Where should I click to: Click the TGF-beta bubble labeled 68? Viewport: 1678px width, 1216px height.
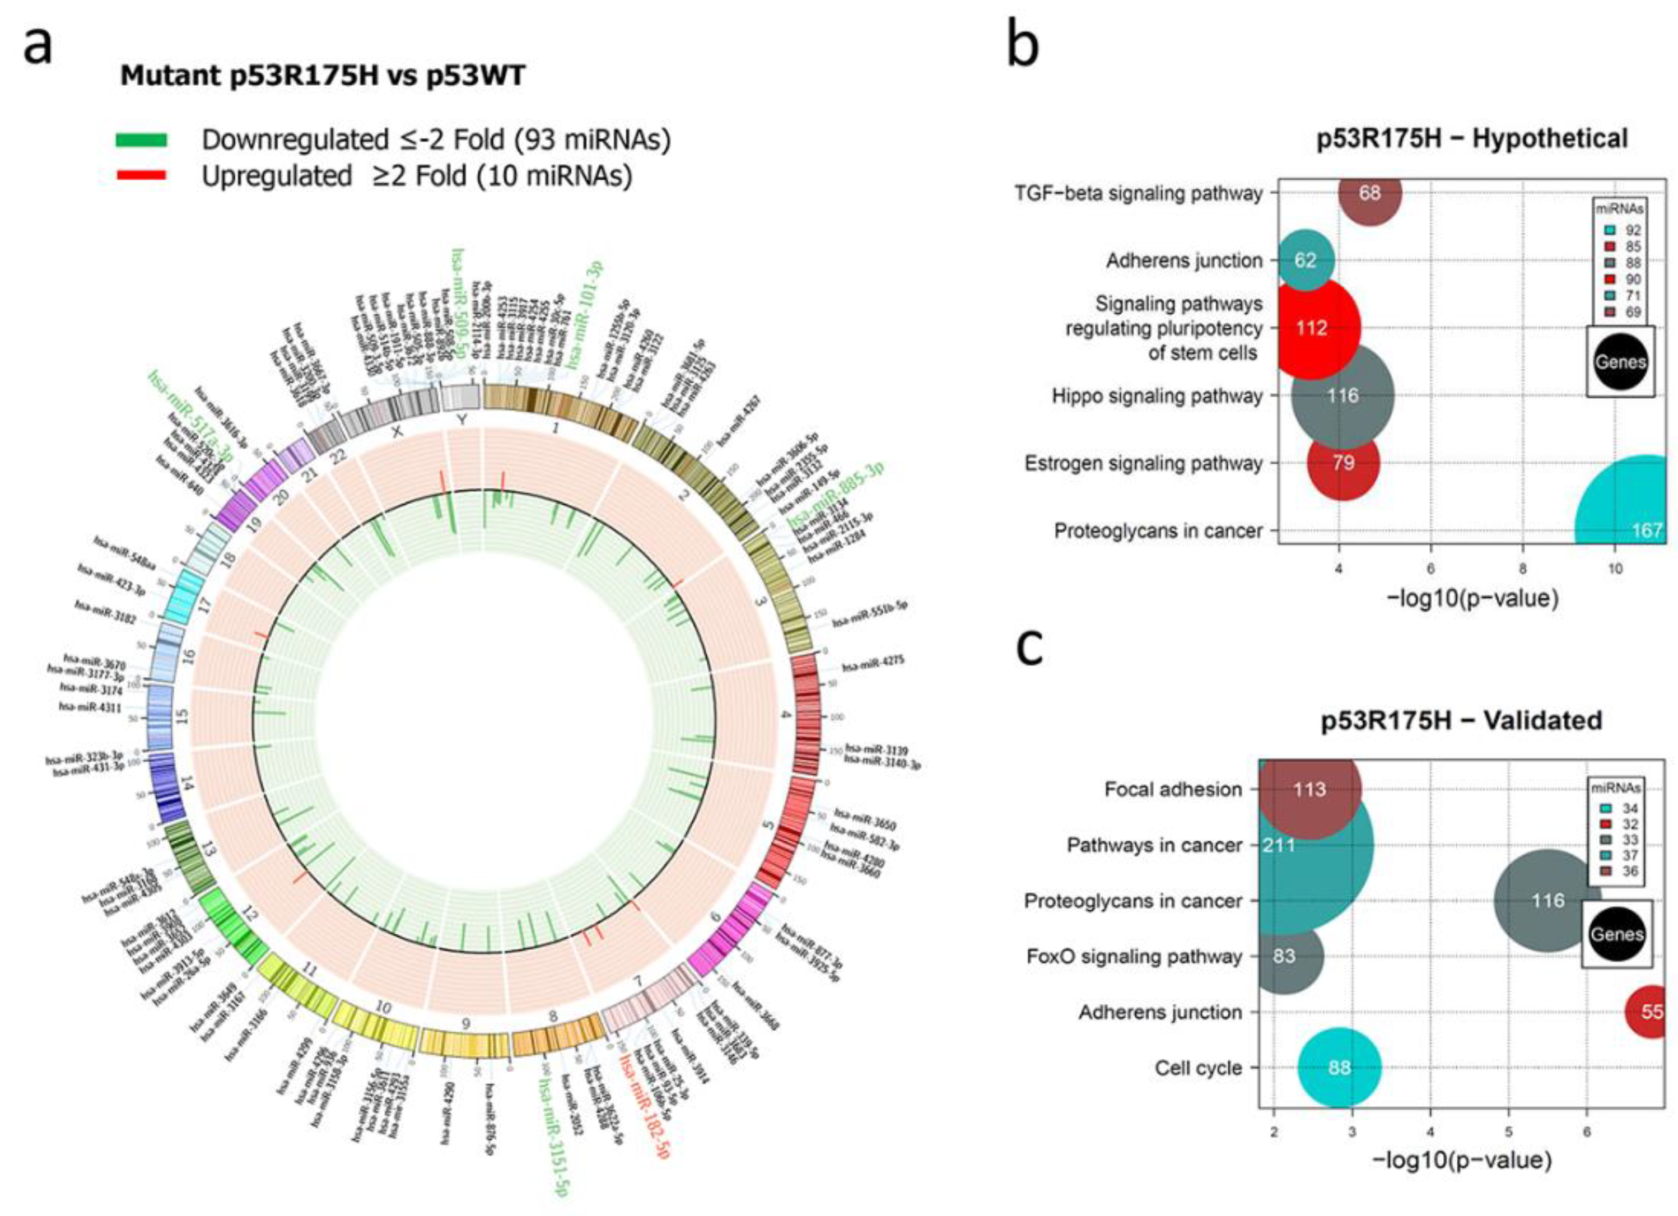(x=1369, y=193)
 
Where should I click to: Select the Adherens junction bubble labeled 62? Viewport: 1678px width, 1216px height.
(x=1306, y=260)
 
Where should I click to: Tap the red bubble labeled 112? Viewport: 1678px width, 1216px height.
(x=1312, y=327)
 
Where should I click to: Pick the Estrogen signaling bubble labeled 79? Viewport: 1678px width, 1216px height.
(x=1343, y=463)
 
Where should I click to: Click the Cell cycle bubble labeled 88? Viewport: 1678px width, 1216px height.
(x=1339, y=1067)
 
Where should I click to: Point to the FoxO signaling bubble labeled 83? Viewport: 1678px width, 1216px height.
(x=1284, y=956)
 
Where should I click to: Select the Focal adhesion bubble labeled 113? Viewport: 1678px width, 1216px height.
(x=1309, y=789)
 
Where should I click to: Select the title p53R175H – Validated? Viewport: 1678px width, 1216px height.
(x=1461, y=720)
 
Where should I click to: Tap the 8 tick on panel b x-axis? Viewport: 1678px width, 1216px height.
(x=1523, y=569)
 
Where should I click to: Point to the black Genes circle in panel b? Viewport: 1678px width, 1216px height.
(x=1620, y=362)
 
